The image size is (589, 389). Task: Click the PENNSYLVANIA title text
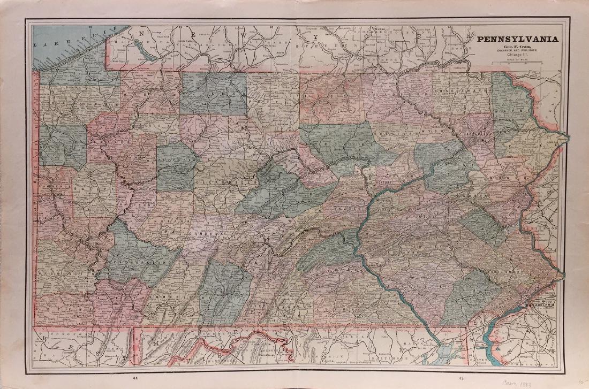[518, 39]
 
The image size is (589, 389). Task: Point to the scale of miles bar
[518, 64]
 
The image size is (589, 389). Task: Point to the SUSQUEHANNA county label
[459, 91]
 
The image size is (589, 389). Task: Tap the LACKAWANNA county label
[475, 134]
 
